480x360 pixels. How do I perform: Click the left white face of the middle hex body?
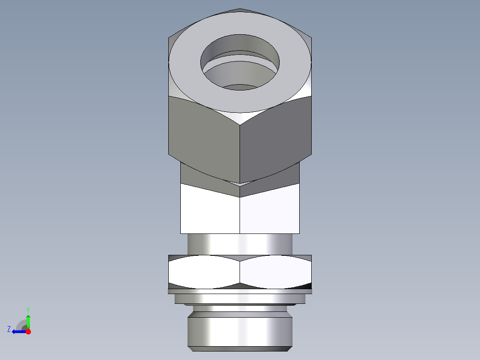pos(209,213)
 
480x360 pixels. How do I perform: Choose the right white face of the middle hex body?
pos(270,213)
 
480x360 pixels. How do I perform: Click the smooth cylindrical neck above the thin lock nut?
pos(240,244)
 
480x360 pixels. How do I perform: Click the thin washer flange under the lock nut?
pos(240,291)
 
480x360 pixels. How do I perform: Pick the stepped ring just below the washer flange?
pos(240,299)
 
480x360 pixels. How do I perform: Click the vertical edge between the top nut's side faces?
pos(240,147)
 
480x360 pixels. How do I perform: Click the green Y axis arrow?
pos(28,321)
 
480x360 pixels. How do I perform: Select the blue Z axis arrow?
pos(18,331)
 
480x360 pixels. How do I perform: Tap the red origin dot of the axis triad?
pos(28,331)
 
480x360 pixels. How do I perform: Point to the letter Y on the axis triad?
pos(28,309)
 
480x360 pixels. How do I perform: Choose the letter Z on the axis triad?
pos(9,329)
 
